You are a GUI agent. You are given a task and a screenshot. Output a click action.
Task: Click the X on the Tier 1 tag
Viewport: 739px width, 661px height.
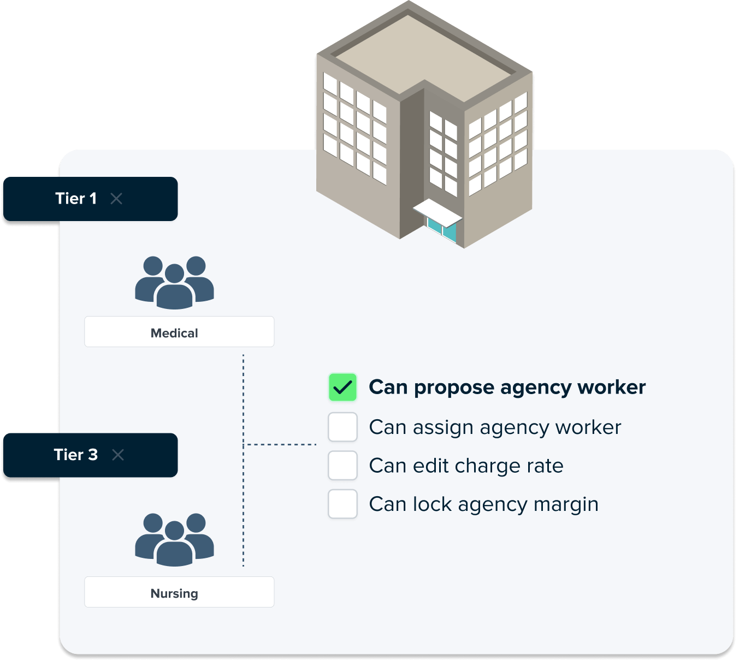[x=116, y=199]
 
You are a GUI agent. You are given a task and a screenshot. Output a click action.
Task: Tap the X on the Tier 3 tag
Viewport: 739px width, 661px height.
[x=118, y=455]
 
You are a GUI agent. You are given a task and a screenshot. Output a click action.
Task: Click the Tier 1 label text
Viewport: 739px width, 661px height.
[x=76, y=199]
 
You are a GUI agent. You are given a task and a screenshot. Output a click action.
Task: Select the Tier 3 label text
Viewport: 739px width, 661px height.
[x=76, y=455]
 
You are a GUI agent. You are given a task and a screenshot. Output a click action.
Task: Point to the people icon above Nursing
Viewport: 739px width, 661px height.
[x=174, y=539]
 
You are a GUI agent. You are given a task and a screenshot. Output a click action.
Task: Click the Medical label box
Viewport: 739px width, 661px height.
[x=179, y=332]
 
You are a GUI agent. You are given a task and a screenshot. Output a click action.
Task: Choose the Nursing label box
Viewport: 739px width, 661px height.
[x=179, y=592]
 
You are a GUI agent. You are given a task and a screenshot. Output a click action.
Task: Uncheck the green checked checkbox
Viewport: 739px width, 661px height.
[x=342, y=388]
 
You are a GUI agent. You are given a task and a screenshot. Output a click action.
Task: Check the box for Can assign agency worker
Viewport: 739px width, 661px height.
[x=342, y=427]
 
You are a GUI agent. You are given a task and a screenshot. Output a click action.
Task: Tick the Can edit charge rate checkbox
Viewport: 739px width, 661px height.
[x=342, y=466]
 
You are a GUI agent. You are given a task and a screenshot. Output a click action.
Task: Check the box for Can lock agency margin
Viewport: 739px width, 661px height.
[x=342, y=504]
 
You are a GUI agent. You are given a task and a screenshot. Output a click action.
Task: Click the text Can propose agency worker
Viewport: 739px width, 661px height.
[x=507, y=388]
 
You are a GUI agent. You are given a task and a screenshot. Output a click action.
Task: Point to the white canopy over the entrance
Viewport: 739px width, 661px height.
[x=437, y=212]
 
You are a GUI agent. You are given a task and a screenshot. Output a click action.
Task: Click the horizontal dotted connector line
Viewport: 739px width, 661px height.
[x=280, y=445]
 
